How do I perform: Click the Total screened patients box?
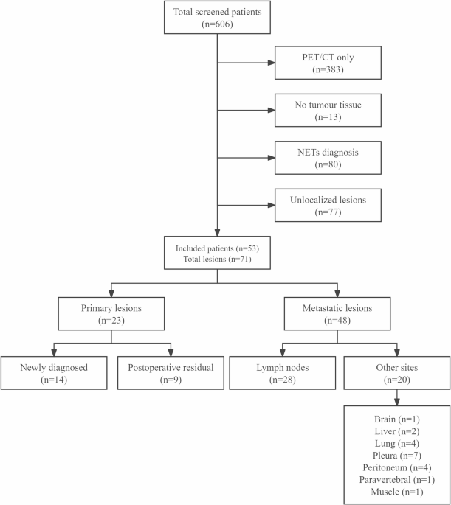[216, 18]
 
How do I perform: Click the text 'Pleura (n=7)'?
[398, 454]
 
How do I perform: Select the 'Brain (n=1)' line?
[398, 419]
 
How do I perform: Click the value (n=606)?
[216, 24]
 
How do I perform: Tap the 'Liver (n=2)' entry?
[398, 431]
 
